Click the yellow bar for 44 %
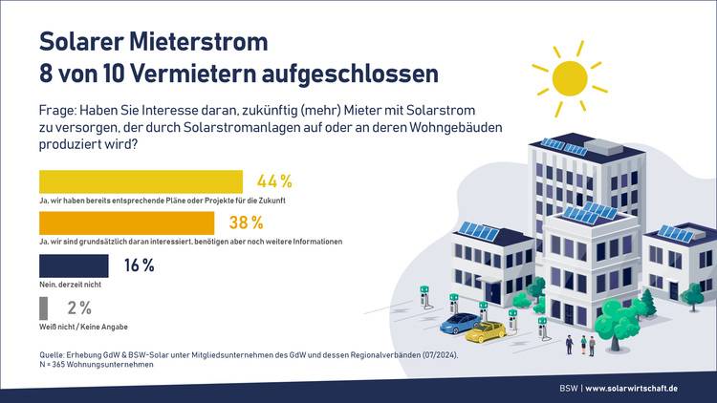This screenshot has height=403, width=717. [141, 181]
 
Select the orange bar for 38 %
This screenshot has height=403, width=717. [126, 223]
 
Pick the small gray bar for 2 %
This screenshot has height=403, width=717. [43, 308]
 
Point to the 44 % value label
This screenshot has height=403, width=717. [274, 181]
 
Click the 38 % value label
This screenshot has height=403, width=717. [247, 223]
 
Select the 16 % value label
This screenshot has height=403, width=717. [140, 265]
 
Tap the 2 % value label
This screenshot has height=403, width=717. [79, 308]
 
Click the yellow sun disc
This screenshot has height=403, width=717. [570, 77]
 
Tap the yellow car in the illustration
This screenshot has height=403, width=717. [485, 331]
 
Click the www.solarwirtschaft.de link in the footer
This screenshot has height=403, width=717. [631, 388]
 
